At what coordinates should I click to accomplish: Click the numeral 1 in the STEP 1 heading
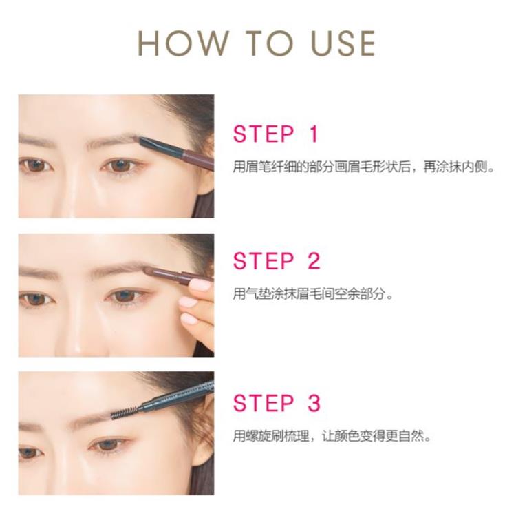point(314,134)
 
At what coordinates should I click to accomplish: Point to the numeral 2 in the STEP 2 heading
point(314,261)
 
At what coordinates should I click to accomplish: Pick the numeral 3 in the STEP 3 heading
point(314,403)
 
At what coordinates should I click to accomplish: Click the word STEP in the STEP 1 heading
point(264,134)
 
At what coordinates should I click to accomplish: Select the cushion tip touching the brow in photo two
point(151,271)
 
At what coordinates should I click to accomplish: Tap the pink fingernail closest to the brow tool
point(200,284)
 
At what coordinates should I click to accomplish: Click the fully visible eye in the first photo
point(121,165)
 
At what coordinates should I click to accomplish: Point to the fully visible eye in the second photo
point(127,296)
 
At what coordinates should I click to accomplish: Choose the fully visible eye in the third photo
point(108,445)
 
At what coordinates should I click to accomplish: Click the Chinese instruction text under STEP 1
point(364,167)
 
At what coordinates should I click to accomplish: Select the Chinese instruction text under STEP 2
point(313,293)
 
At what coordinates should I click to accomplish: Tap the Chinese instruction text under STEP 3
point(332,436)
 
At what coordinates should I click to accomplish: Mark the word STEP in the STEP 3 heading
point(264,403)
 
